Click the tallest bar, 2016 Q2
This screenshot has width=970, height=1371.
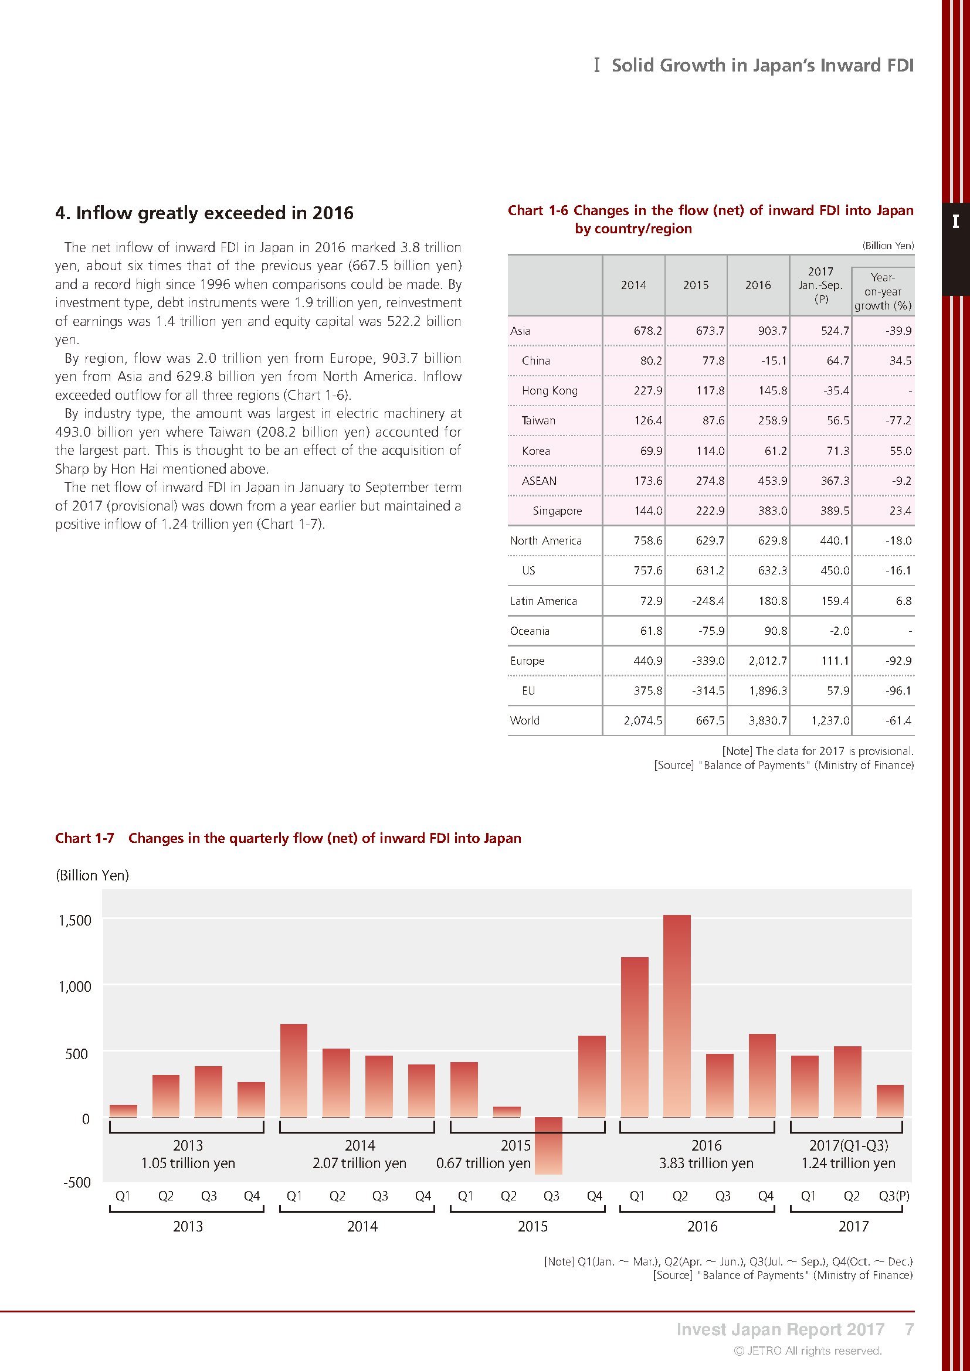pos(677,1016)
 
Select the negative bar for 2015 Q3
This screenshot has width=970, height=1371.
pos(548,1145)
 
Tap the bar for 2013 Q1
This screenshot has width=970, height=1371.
pos(123,1111)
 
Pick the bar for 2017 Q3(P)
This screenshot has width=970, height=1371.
pos(890,1101)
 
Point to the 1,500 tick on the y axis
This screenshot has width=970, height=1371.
pos(74,920)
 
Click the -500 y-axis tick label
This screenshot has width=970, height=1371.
pos(77,1182)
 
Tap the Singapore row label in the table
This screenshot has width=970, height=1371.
pos(557,511)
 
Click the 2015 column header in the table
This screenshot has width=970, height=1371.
pos(696,285)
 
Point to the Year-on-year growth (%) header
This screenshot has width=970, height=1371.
pos(882,291)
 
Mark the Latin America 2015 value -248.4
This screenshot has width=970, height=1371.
pos(708,601)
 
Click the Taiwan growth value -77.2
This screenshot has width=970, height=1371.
pos(898,420)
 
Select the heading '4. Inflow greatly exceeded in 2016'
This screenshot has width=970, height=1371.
pos(204,213)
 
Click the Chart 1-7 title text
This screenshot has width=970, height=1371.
pos(288,838)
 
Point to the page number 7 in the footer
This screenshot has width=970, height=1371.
pos(909,1329)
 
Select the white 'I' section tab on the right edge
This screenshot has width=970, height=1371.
pos(956,222)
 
